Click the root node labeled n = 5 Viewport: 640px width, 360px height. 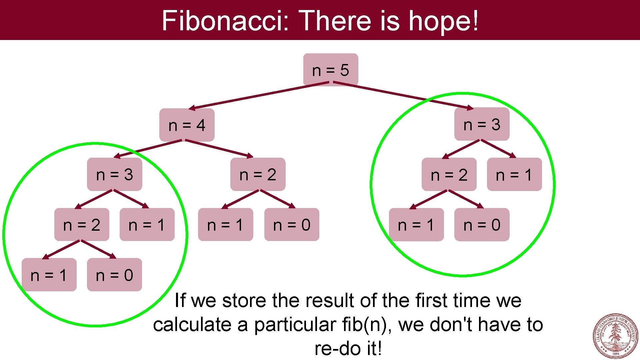click(330, 70)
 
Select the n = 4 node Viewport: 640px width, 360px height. click(187, 125)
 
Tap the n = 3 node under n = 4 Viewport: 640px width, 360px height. click(114, 174)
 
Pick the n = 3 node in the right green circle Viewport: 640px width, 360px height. click(482, 124)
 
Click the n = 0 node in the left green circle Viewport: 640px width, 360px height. click(114, 275)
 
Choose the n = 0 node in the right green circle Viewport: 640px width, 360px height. click(482, 225)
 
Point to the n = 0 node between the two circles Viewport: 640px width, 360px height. click(292, 225)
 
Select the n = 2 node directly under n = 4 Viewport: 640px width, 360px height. click(258, 174)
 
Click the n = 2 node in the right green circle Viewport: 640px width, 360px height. click(449, 174)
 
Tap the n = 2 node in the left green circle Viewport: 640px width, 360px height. click(82, 225)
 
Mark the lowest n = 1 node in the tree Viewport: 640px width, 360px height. click(49, 275)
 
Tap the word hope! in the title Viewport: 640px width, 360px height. click(444, 21)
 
